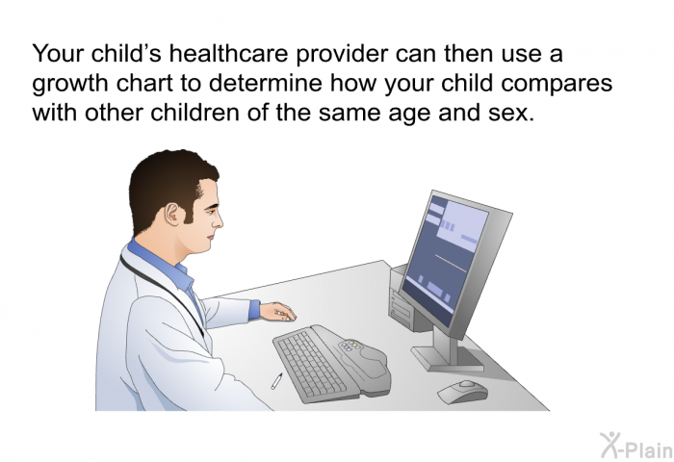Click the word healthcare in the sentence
(x=228, y=54)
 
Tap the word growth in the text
(x=70, y=84)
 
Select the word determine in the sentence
(x=265, y=83)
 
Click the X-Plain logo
(x=636, y=446)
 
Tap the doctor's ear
(x=172, y=214)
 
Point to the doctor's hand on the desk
(x=277, y=312)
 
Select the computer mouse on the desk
(x=463, y=391)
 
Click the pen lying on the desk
(x=276, y=381)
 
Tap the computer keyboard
(x=331, y=364)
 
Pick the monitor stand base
(x=448, y=358)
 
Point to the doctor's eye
(x=209, y=211)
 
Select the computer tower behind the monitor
(x=405, y=301)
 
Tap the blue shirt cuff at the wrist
(x=254, y=310)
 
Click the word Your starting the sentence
(x=58, y=54)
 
